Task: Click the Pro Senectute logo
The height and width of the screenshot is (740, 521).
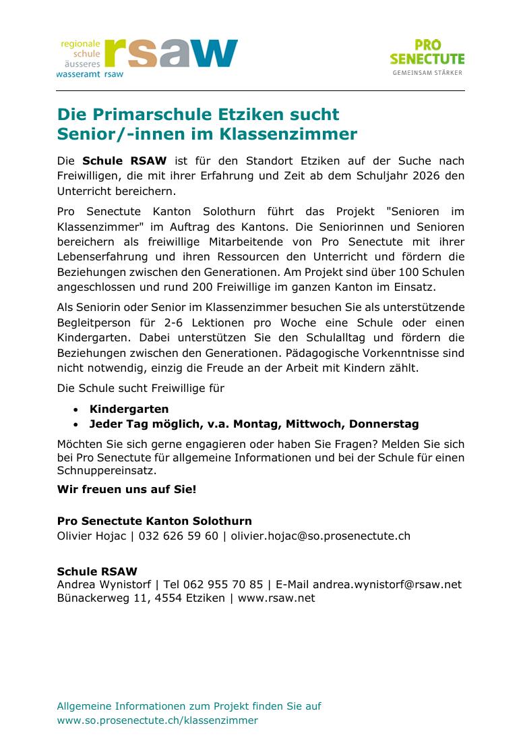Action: [427, 53]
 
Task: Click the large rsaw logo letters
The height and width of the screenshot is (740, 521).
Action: [171, 53]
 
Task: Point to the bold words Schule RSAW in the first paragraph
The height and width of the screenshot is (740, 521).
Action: [124, 161]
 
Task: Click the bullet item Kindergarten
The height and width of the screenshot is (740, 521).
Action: [129, 409]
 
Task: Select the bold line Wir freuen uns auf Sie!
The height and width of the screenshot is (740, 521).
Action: [127, 488]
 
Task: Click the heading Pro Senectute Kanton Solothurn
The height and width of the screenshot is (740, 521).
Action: [154, 521]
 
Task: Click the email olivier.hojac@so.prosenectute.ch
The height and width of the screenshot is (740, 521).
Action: [320, 536]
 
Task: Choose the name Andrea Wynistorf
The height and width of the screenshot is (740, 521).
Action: [104, 584]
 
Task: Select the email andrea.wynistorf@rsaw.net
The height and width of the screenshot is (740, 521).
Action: [387, 584]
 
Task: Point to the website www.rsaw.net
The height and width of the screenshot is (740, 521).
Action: [276, 598]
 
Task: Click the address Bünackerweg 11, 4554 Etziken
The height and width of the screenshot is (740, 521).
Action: [141, 598]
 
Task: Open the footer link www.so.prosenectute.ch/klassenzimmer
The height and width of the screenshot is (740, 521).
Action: [157, 720]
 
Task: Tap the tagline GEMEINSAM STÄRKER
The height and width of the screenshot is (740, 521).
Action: [427, 72]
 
